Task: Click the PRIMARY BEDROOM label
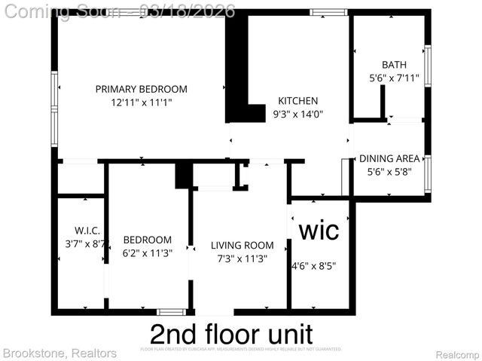(x=141, y=89)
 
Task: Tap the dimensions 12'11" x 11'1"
(x=141, y=102)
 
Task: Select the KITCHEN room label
(x=298, y=100)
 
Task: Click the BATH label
(x=393, y=65)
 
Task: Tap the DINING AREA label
(x=389, y=158)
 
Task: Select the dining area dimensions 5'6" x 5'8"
(x=389, y=171)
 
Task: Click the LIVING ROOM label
(x=242, y=245)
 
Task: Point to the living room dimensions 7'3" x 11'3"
(x=242, y=258)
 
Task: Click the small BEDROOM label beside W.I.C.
(x=148, y=241)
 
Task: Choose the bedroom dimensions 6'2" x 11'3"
(x=148, y=254)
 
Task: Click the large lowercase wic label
(x=319, y=229)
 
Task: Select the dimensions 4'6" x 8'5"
(x=314, y=265)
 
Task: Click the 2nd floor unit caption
(x=231, y=333)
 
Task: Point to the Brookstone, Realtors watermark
(x=59, y=353)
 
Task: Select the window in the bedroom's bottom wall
(x=171, y=311)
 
